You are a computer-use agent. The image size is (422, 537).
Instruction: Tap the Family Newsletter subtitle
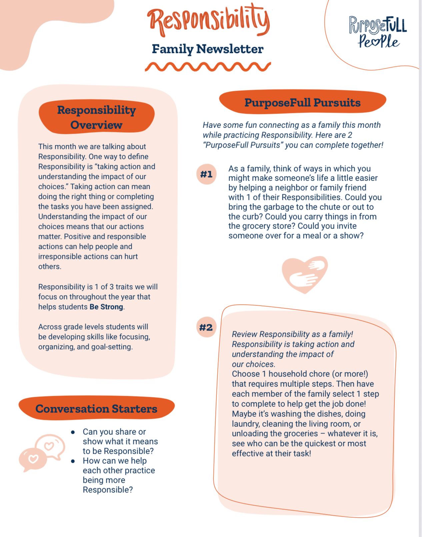[x=207, y=49]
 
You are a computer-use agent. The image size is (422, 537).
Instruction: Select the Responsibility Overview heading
[x=96, y=117]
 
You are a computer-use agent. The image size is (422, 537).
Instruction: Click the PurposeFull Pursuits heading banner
[x=302, y=102]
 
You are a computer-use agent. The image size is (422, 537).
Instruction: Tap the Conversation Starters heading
[x=96, y=408]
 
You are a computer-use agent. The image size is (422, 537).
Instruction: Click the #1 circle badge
[x=206, y=174]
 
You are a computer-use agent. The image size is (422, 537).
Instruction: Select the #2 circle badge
[x=206, y=327]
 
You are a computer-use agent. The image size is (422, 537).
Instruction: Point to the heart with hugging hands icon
[x=305, y=274]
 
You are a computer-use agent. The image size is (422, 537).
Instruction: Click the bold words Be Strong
[x=106, y=307]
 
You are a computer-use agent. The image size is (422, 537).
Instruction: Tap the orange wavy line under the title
[x=207, y=67]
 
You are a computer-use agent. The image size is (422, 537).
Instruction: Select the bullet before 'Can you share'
[x=73, y=432]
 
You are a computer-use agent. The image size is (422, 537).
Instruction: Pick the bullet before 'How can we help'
[x=73, y=461]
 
